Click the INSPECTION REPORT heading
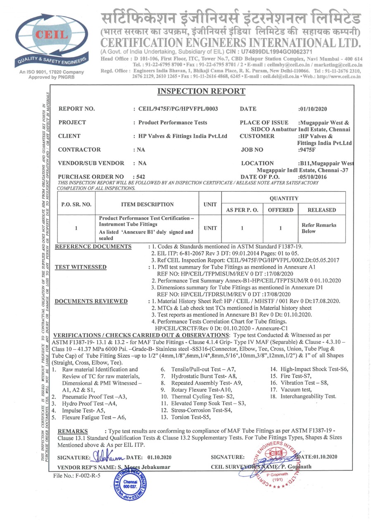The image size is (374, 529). coord(202,91)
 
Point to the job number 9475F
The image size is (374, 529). coord(307,150)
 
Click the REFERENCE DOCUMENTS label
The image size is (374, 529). coord(93,247)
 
